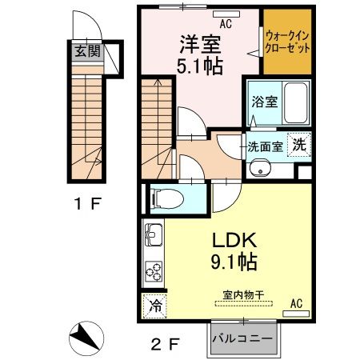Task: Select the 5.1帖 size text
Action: (x=198, y=67)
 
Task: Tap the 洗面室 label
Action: (x=264, y=146)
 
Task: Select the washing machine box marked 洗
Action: (x=298, y=145)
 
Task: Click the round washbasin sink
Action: (x=261, y=169)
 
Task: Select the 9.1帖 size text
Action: (x=232, y=262)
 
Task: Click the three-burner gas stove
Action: (x=153, y=273)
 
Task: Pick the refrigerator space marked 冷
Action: (x=155, y=306)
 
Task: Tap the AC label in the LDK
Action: (x=296, y=302)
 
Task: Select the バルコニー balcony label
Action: (x=242, y=338)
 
